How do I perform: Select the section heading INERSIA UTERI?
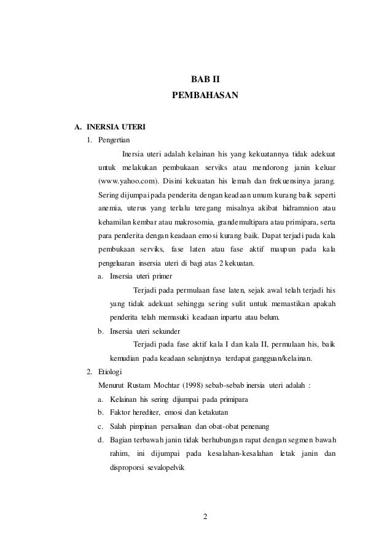tap(116, 128)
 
